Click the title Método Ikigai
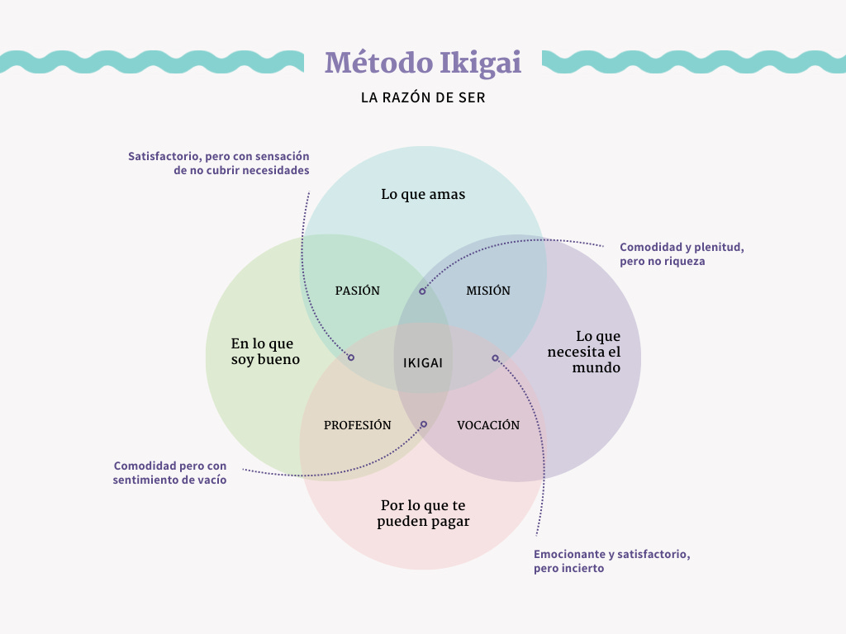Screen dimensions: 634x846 (x=423, y=63)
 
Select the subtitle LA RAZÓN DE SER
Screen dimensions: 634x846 (x=423, y=97)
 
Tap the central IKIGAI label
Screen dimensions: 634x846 (x=423, y=362)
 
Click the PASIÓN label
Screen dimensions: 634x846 (x=358, y=291)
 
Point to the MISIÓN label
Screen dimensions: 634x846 (x=488, y=291)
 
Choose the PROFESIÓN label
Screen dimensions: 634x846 (x=357, y=425)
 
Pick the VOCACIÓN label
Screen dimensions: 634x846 (x=488, y=425)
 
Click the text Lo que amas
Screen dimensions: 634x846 (x=423, y=195)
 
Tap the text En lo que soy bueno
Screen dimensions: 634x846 (x=265, y=352)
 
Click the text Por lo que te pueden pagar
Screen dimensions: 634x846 (x=423, y=513)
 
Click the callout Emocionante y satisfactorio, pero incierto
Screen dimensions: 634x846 (x=612, y=561)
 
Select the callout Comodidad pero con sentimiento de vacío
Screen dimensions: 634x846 (x=170, y=472)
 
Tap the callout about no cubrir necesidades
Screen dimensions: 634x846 (x=219, y=163)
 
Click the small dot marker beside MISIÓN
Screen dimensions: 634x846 (x=422, y=291)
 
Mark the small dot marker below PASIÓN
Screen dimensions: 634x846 (x=351, y=357)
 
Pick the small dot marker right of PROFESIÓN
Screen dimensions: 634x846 (x=424, y=424)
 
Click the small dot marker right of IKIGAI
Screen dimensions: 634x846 (x=495, y=357)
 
